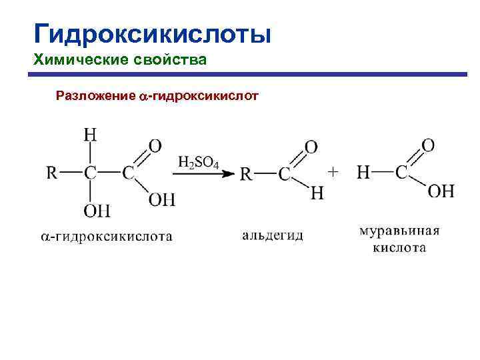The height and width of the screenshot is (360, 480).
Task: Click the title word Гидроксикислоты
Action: pos(152,33)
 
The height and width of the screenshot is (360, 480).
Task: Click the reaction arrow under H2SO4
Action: pos(203,174)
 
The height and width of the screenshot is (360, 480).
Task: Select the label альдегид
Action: pos(273,235)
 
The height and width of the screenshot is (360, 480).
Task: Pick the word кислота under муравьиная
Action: pos(399,248)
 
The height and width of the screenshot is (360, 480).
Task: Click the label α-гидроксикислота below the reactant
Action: pos(106,236)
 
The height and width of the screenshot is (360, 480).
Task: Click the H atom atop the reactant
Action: pos(90,135)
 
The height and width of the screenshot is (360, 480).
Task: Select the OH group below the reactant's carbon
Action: pos(97,211)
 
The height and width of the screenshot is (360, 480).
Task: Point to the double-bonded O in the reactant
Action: pos(155,145)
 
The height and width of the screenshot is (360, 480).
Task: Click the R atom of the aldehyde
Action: pos(246,174)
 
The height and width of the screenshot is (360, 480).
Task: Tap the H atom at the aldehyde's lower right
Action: pos(317,193)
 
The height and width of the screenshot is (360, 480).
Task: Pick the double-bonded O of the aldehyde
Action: pos(311,146)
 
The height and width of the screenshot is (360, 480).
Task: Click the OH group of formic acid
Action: pos(441,191)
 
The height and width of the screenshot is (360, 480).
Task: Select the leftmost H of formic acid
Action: pos(363,173)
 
